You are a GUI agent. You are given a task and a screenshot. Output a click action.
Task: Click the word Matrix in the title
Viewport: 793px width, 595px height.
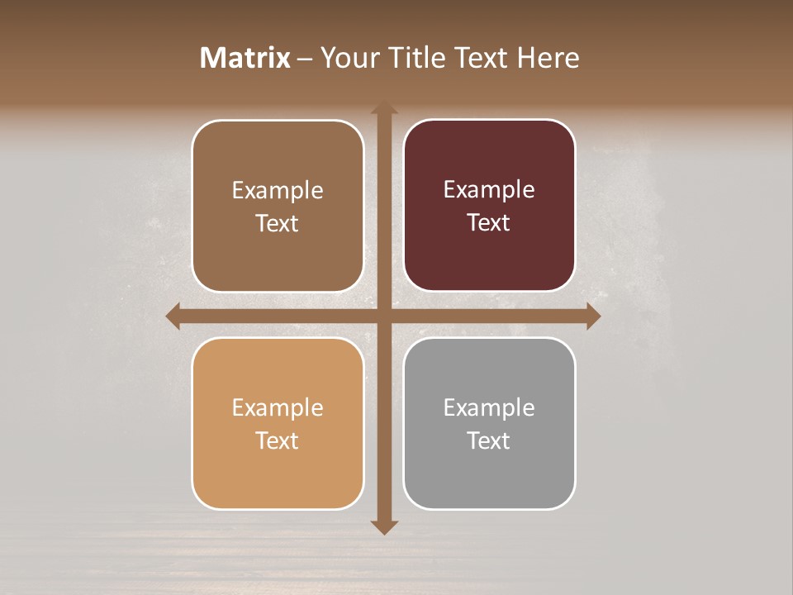(x=245, y=58)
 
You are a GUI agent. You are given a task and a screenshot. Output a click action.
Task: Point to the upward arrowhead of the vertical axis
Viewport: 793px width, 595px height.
(x=384, y=107)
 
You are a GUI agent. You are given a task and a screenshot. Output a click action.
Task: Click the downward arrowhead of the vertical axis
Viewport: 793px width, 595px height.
(x=384, y=526)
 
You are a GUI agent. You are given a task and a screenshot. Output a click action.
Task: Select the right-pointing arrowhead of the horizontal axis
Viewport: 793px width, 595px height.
(x=592, y=316)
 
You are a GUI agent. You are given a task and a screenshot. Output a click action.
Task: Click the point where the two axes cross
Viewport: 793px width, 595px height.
(x=384, y=316)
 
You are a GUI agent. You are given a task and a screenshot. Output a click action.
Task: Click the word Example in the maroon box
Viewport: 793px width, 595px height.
(x=489, y=189)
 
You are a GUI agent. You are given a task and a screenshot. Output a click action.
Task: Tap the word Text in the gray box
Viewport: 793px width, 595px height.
(x=489, y=440)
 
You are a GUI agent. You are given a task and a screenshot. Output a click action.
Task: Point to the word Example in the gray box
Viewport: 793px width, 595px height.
(x=489, y=407)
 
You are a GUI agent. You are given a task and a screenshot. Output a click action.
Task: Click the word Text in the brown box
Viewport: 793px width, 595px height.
(x=278, y=223)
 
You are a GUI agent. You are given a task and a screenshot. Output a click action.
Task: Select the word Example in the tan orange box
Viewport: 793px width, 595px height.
(x=278, y=407)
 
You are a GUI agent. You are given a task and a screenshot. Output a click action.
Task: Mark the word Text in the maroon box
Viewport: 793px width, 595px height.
(x=489, y=222)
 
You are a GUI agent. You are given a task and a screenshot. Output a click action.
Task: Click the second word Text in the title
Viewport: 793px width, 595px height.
(x=483, y=58)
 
